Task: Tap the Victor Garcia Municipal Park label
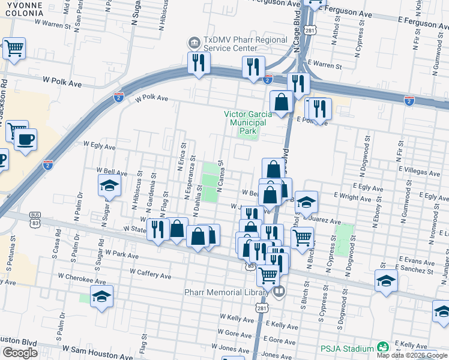click(x=249, y=122)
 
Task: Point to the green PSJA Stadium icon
click(x=382, y=347)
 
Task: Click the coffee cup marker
click(x=25, y=140)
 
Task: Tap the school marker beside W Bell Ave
click(x=110, y=185)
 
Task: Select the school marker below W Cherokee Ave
click(x=102, y=296)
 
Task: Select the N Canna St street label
click(x=221, y=175)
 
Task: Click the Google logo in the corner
click(x=20, y=353)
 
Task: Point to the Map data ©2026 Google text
click(x=412, y=355)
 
